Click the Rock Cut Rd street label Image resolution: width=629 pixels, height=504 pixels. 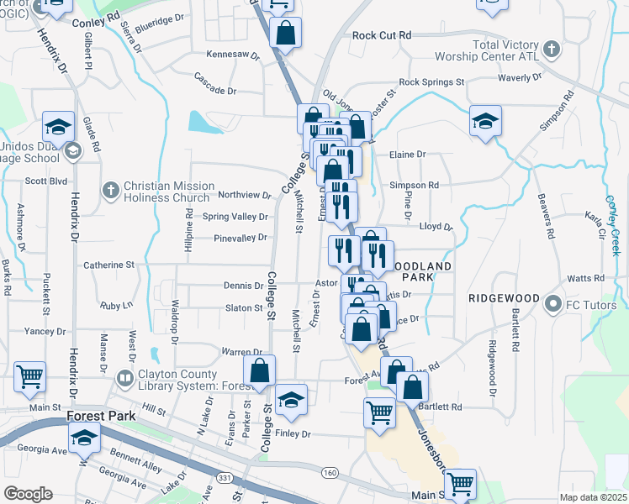pos(382,35)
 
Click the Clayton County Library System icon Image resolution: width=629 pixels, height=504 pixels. pos(125,379)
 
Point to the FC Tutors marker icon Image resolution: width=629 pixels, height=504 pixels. pos(552,302)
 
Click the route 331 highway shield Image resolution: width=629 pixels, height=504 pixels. pos(250,477)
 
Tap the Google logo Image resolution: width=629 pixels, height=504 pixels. pos(28,494)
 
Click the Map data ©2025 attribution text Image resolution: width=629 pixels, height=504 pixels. pos(592,497)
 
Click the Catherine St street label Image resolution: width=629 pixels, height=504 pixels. pos(108,265)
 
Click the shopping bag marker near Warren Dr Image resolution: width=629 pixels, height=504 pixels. pos(260,370)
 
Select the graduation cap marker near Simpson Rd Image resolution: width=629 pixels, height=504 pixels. pos(485,122)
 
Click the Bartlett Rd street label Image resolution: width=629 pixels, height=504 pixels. pos(445,407)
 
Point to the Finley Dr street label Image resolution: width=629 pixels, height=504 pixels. pos(293,434)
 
